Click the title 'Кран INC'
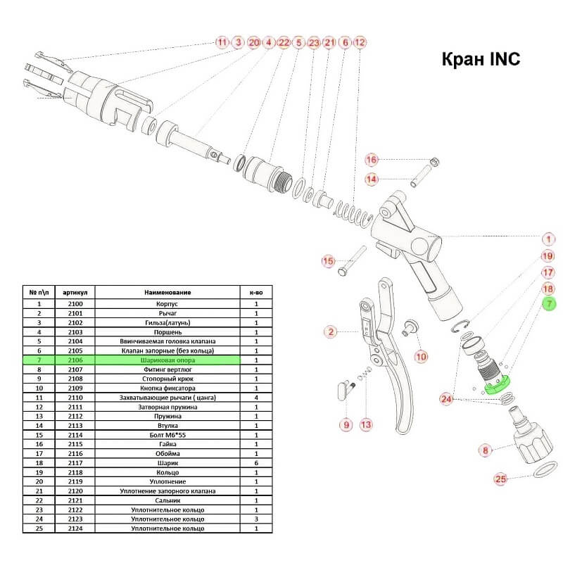[x=480, y=58]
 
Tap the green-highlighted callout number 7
[x=549, y=304]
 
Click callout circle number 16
[x=372, y=159]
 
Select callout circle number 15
[x=328, y=262]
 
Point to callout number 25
[x=500, y=480]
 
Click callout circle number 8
[x=484, y=450]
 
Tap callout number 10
[x=421, y=356]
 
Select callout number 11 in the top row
[x=222, y=42]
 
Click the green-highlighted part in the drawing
[x=497, y=385]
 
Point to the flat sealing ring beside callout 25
[x=540, y=469]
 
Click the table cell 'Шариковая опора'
[x=167, y=360]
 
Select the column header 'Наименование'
[x=167, y=292]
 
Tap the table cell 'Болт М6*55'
[x=167, y=436]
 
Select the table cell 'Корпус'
[x=167, y=303]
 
